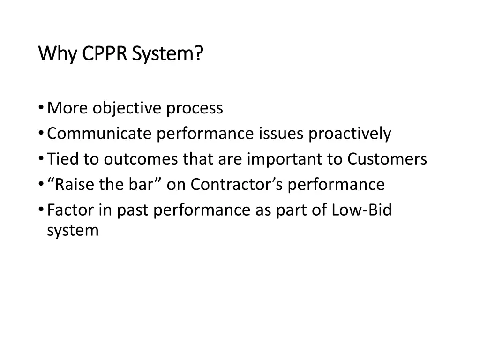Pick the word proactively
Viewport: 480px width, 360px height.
[x=349, y=134]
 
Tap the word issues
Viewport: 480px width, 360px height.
[x=281, y=134]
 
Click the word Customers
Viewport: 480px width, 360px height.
[x=387, y=159]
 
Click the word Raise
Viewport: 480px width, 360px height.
[x=75, y=185]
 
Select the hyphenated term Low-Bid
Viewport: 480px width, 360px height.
[x=361, y=210]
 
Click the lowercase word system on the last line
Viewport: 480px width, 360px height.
[x=73, y=231]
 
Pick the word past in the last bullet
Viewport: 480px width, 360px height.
[x=133, y=210]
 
